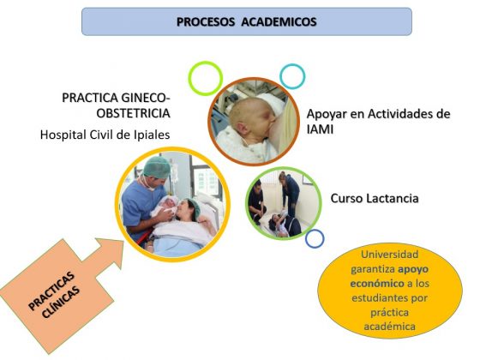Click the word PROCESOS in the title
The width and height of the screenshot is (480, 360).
tap(206, 21)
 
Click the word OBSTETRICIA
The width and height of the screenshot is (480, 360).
tap(133, 113)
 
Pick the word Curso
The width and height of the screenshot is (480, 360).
tap(347, 198)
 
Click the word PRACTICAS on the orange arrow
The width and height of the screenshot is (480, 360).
tap(51, 291)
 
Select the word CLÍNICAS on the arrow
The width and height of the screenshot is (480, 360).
tap(61, 302)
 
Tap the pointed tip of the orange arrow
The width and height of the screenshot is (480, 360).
tap(123, 241)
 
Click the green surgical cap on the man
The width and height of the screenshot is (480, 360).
tap(157, 167)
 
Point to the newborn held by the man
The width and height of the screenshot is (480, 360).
tap(166, 206)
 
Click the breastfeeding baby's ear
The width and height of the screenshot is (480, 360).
tap(241, 126)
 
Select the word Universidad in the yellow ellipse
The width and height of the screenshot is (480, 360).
tap(389, 255)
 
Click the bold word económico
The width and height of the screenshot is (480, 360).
tap(377, 284)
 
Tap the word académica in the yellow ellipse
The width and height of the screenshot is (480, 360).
tap(389, 327)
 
